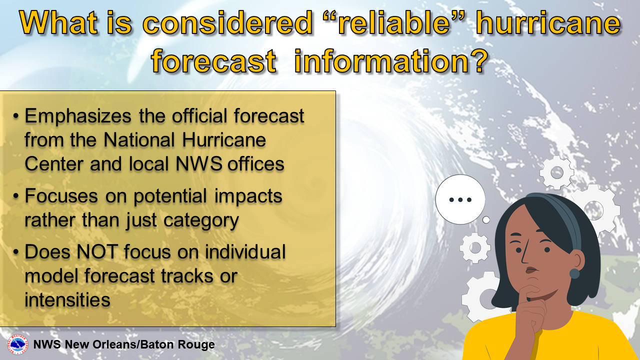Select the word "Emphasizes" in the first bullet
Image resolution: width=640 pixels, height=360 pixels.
pyautogui.click(x=78, y=116)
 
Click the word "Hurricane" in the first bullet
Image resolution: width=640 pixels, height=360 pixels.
pyautogui.click(x=224, y=140)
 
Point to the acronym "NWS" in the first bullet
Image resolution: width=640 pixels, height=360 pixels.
pyautogui.click(x=199, y=164)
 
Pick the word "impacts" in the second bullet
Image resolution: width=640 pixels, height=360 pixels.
pyautogui.click(x=248, y=197)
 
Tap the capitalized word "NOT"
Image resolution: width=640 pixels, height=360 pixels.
pyautogui.click(x=97, y=251)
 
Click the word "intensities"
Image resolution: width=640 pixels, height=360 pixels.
pyautogui.click(x=67, y=299)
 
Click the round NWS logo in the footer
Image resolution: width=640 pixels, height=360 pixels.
pyautogui.click(x=17, y=344)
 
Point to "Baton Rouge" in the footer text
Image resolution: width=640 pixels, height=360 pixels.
pyautogui.click(x=177, y=344)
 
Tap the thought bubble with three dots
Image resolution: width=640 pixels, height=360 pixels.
pyautogui.click(x=460, y=199)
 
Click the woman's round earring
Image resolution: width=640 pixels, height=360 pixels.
pyautogui.click(x=574, y=273)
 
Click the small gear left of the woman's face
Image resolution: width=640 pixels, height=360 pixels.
pyautogui.click(x=475, y=247)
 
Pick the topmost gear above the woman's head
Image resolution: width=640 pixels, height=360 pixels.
pyautogui.click(x=557, y=172)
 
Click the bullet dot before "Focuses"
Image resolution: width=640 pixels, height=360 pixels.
pyautogui.click(x=16, y=196)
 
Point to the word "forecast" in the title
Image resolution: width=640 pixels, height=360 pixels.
pyautogui.click(x=213, y=60)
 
